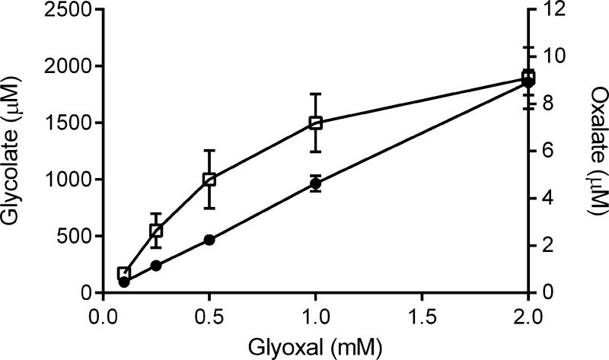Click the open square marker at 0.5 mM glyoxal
point(209,180)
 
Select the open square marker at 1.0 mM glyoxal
point(315,123)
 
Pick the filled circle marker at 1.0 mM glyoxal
point(315,183)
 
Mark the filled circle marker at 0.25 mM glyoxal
point(156,266)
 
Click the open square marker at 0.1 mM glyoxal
point(124,273)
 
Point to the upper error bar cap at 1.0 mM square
point(315,94)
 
